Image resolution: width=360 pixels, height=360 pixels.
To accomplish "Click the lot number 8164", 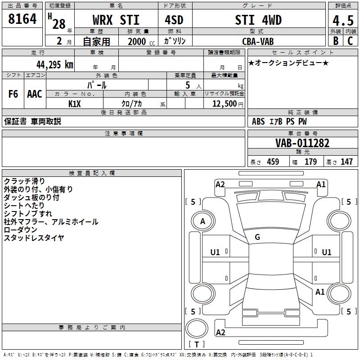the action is click(x=22, y=19).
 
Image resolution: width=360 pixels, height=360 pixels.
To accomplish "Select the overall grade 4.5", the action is click(x=343, y=21).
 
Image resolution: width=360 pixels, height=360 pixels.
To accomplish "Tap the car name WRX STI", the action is click(x=116, y=20).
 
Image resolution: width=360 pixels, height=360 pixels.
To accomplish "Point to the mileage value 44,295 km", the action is click(x=55, y=65).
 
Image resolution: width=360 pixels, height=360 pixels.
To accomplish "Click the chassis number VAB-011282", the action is click(x=302, y=143).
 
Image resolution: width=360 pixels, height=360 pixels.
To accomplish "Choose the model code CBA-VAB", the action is click(x=258, y=41).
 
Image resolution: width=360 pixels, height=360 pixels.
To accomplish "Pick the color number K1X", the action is click(x=75, y=104).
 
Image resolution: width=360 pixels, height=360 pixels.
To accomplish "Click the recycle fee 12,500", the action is click(x=225, y=103).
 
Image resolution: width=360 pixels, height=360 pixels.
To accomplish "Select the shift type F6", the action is click(x=13, y=94).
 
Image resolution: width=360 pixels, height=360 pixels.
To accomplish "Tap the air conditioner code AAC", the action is click(x=35, y=94).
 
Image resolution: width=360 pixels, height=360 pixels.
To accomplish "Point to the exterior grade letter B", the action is click(x=336, y=41).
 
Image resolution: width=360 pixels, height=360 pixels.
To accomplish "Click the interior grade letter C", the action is click(x=350, y=41).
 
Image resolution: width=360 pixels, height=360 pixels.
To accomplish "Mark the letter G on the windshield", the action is click(x=257, y=237).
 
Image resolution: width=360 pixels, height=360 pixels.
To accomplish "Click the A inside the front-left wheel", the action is click(x=202, y=221).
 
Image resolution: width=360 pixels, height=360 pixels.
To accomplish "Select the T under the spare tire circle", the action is click(x=197, y=344).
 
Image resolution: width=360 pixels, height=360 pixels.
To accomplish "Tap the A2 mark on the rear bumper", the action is click(x=220, y=333).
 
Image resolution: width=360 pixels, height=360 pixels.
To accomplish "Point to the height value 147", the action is click(x=346, y=162).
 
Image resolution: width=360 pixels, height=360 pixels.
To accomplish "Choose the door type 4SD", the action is click(x=174, y=20).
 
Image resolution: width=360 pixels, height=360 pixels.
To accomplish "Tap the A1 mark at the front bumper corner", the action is click(x=321, y=184).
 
